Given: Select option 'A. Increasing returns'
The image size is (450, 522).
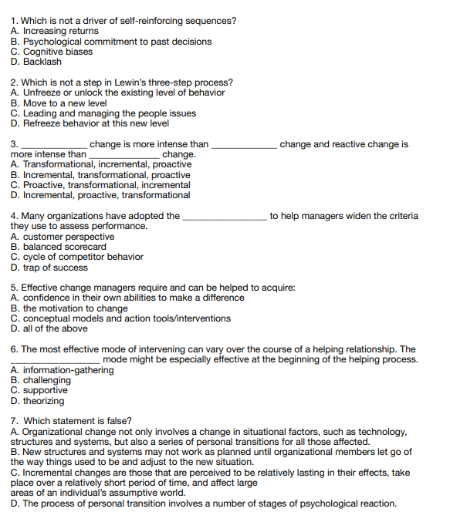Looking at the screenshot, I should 56,32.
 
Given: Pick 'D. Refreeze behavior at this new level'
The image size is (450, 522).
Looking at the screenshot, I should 90,123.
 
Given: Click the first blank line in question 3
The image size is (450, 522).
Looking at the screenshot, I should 53,145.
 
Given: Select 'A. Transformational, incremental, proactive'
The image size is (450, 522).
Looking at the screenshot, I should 101,164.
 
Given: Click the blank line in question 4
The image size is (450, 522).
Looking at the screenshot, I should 225,217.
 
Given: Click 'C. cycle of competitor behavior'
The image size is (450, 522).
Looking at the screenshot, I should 77,257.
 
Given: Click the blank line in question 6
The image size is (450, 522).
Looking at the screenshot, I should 55,360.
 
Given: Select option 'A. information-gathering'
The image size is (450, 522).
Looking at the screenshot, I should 63,370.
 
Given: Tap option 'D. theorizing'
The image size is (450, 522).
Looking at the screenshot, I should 38,401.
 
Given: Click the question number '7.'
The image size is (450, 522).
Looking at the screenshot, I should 15,421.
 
